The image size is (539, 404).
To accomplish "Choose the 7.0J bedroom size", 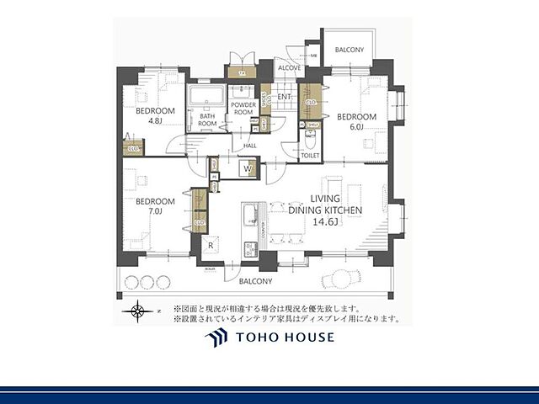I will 154,211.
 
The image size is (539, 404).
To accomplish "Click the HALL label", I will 249,146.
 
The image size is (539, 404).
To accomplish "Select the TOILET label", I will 310,156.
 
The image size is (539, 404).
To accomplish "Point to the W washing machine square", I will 248,169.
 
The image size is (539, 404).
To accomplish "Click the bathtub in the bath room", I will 203,98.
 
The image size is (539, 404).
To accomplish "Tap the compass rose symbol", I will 137,313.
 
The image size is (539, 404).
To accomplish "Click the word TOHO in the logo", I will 258,338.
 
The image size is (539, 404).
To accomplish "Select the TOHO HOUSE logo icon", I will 216,338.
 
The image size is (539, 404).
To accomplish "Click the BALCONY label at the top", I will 349,50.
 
